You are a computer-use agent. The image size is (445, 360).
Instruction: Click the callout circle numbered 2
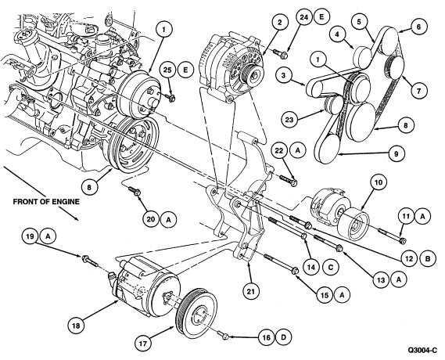280,22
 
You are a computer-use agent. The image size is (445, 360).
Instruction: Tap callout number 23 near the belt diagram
289,120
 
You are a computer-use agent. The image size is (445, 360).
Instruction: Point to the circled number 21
251,290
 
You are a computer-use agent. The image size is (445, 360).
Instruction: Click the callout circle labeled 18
77,326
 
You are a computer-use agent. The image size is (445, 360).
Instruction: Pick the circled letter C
331,267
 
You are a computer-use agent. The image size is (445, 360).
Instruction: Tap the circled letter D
284,337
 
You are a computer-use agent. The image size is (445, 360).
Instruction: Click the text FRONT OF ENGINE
46,202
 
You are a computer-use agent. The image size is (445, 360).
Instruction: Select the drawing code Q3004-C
422,351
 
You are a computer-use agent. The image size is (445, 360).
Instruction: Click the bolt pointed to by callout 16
223,335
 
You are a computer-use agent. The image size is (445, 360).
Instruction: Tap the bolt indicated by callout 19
90,261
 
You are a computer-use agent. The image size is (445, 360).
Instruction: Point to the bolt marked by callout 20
134,190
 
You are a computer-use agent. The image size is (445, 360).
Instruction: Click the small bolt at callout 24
281,53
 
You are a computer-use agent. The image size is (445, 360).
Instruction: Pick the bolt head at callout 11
402,241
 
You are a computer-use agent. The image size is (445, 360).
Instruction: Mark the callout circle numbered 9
397,153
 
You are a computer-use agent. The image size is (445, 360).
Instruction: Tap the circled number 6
418,27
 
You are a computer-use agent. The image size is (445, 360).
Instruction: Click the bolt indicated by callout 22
289,181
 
